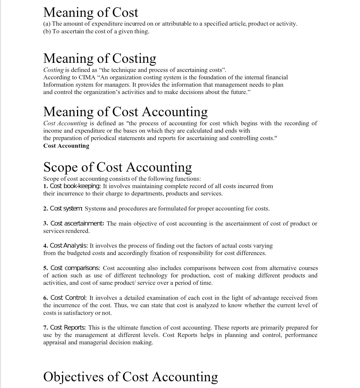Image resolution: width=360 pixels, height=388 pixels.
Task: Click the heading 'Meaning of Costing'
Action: pos(99,58)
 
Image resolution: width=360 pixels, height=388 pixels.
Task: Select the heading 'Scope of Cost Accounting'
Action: pos(117,167)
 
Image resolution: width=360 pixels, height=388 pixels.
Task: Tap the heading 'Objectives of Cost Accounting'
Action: pos(130,377)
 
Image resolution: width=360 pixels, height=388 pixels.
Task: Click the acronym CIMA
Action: pos(87,77)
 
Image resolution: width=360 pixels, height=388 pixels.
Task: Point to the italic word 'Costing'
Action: pos(53,70)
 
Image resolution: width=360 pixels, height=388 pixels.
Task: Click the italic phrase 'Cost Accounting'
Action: pos(65,123)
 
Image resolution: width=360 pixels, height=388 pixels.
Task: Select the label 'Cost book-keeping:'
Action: pos(75,186)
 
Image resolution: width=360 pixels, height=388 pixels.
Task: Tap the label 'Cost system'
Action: pos(66,208)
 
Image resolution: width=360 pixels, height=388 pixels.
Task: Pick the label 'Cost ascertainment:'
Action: pos(77,223)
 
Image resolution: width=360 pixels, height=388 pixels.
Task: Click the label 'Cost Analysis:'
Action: pos(69,246)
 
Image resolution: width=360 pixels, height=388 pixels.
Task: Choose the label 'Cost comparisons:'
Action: pos(75,268)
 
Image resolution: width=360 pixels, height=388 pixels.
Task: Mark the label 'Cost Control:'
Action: pos(68,298)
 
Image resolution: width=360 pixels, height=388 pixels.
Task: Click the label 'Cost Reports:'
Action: pos(68,328)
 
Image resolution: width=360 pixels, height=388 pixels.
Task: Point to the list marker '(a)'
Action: pos(47,24)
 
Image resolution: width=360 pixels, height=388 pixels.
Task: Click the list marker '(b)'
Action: pos(47,32)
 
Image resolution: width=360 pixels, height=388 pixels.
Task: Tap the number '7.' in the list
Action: pos(46,328)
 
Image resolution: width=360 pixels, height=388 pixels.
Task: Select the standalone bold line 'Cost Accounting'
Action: pos(66,146)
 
